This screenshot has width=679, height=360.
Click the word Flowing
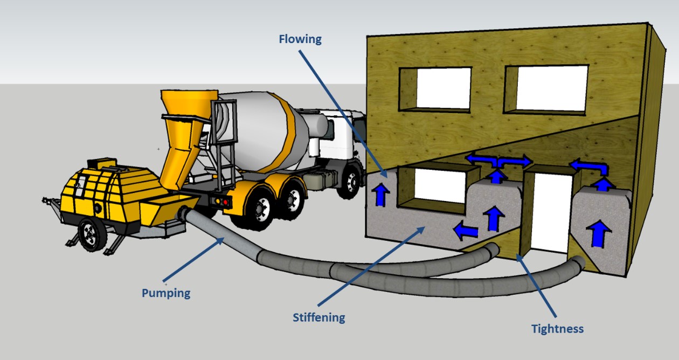300,39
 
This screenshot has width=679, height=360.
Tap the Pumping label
166,293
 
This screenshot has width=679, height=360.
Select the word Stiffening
318,317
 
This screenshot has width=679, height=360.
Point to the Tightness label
557,328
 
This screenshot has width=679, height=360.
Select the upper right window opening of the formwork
551,88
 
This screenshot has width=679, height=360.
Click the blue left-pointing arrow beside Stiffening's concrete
466,231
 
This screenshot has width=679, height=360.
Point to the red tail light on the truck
225,202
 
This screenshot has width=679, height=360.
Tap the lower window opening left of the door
440,186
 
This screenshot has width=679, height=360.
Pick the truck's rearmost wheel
263,208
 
